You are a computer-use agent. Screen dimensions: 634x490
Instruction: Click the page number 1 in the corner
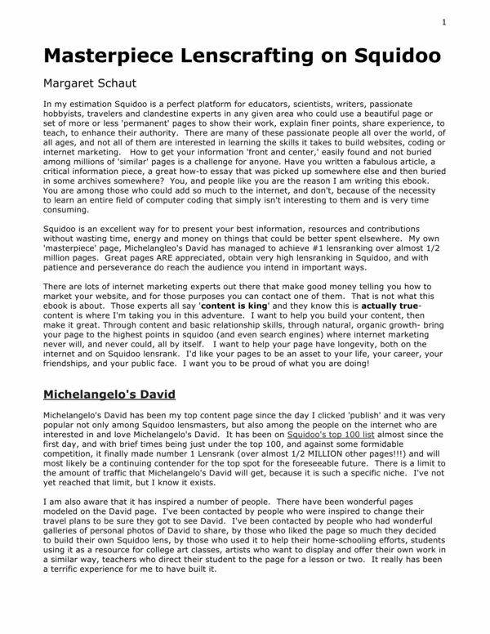[x=443, y=22]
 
